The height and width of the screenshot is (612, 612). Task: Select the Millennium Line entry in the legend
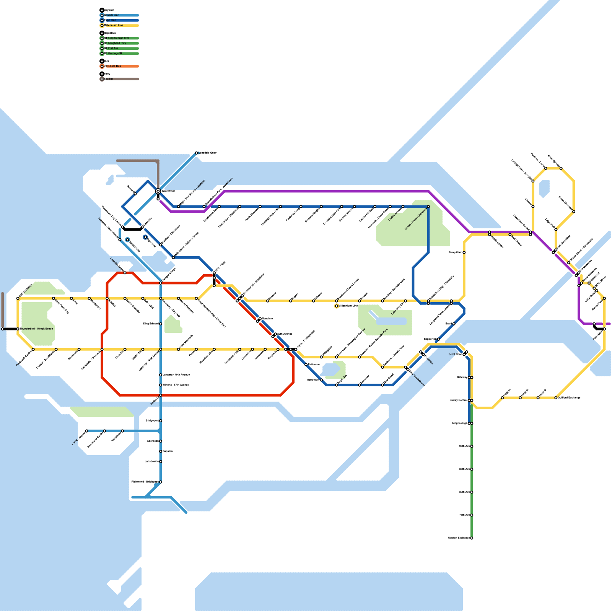(114, 26)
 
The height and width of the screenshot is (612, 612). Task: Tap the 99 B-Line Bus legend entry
(113, 66)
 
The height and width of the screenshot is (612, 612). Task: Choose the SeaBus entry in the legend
(109, 79)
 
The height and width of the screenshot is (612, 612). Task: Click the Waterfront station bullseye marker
(158, 191)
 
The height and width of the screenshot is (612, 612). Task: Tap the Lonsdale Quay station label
(208, 153)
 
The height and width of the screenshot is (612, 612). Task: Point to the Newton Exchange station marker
(472, 538)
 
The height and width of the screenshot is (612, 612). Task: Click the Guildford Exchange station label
(569, 398)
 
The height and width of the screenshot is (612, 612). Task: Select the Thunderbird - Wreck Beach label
(36, 329)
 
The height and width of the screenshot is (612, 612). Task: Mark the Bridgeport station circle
(161, 421)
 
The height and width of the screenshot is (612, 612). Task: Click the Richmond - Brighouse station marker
(161, 482)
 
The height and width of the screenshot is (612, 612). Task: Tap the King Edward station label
(151, 324)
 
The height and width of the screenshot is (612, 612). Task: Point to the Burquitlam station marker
(464, 252)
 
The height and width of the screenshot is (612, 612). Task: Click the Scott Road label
(455, 355)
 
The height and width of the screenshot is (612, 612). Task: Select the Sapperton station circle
(438, 339)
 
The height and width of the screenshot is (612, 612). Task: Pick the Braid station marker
(454, 324)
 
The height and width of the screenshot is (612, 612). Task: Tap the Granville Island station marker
(125, 273)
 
